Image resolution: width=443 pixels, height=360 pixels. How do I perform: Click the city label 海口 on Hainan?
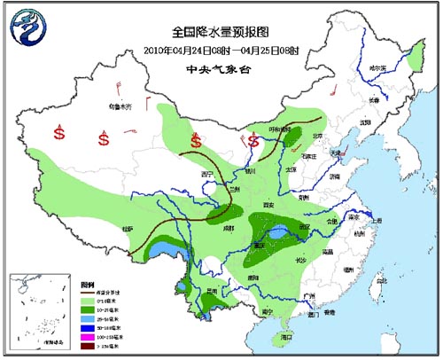click(286, 337)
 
